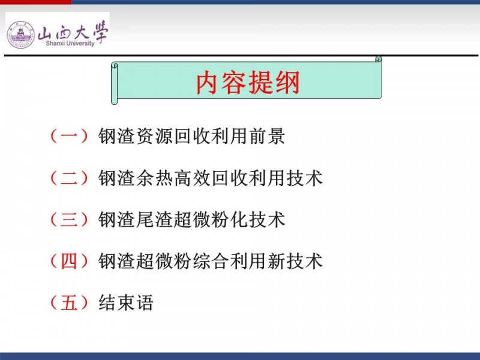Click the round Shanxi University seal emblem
coord(21,34)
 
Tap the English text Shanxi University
coord(70,43)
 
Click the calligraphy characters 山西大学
coord(73,31)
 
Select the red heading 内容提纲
coord(248,83)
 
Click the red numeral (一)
coord(69,136)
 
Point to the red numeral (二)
coord(69,178)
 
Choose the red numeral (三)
coord(69,220)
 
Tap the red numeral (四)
coord(69,261)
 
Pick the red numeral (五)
coord(69,303)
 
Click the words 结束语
coord(126,303)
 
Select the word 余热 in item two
coord(154,178)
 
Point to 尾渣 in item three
coord(154,220)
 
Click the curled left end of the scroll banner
coord(115,83)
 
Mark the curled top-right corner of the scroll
coord(379,59)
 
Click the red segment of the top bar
coord(36,2)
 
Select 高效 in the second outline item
coord(192,178)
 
